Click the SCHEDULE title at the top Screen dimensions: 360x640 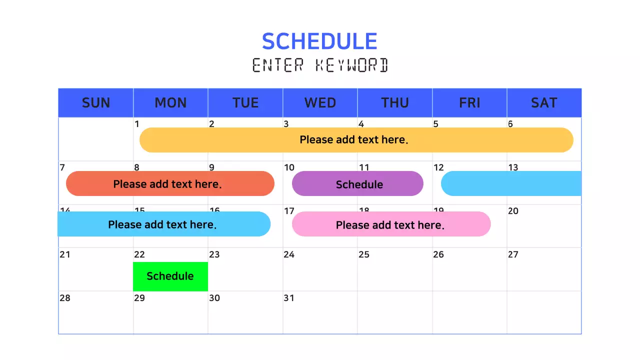pos(319,41)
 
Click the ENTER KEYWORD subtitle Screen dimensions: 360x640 pos(320,65)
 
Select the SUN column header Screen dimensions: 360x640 pos(95,103)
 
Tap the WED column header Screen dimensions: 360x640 pos(320,103)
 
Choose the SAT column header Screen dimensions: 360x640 pos(544,103)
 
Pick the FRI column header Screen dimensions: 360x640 pos(469,103)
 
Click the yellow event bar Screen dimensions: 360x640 pos(356,140)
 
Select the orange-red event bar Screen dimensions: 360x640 pos(170,183)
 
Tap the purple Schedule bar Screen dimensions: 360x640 pos(357,183)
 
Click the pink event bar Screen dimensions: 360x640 pos(391,224)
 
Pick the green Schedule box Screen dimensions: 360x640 pos(170,276)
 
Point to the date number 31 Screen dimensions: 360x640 pos(289,298)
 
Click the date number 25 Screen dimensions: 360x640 pos(364,254)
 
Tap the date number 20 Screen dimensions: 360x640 pos(513,211)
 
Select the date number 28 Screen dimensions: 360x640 pos(65,298)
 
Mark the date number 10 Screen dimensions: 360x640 pos(289,167)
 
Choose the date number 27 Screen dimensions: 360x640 pos(513,254)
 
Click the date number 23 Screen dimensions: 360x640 pos(214,254)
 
